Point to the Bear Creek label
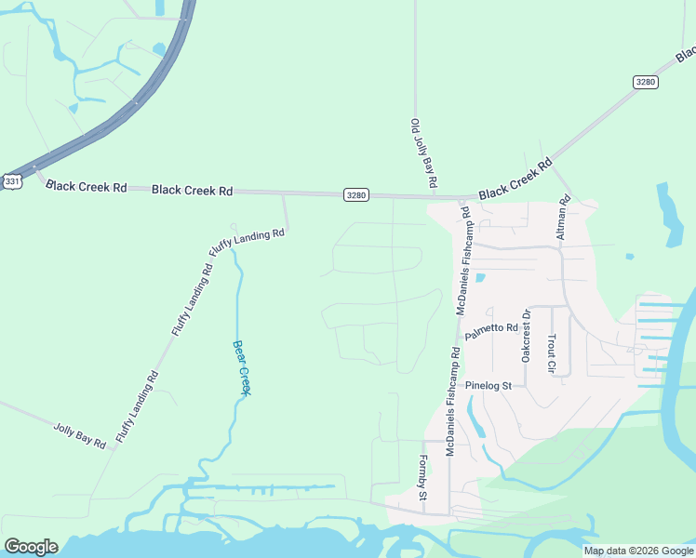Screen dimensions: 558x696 [241, 367]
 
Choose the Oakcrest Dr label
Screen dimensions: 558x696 [526, 335]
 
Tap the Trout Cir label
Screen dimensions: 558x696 [551, 353]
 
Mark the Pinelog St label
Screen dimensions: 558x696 [489, 385]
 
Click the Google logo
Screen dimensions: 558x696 [31, 547]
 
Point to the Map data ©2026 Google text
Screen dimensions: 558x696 [637, 551]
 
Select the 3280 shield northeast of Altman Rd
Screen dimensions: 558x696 [646, 82]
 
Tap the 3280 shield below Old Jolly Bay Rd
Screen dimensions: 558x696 [355, 194]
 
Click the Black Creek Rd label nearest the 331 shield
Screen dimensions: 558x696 [86, 186]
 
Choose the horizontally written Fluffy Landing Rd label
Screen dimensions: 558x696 [247, 242]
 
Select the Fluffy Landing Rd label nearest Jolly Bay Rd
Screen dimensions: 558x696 [137, 405]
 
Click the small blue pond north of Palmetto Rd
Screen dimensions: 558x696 [480, 277]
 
